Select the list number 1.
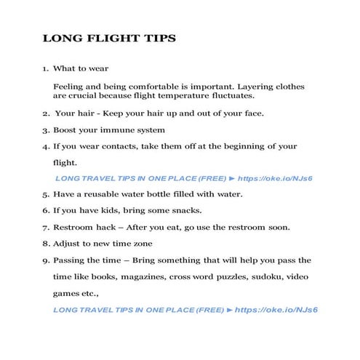(44, 69)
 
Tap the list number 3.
(44, 130)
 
